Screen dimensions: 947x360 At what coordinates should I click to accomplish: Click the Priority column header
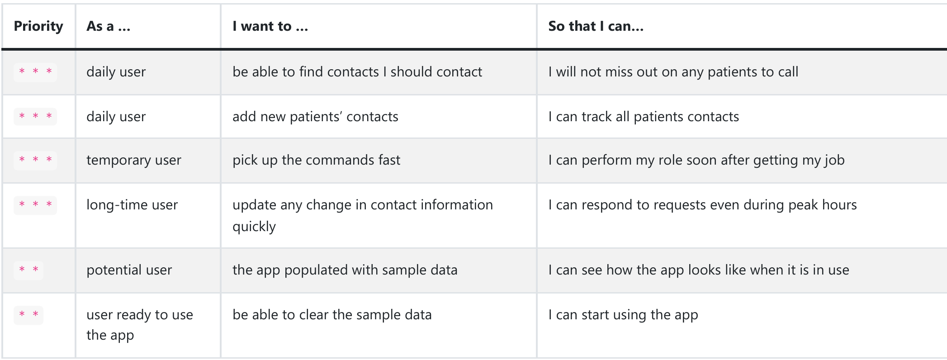38,26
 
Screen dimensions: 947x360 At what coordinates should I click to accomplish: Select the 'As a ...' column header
109,26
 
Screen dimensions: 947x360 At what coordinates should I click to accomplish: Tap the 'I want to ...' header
270,26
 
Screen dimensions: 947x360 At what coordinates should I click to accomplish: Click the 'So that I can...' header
596,26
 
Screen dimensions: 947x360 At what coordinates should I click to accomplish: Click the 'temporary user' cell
134,160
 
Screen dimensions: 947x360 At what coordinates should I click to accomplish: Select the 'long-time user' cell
132,205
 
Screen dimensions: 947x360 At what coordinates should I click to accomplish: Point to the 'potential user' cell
129,270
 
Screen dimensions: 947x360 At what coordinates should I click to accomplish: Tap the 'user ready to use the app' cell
140,325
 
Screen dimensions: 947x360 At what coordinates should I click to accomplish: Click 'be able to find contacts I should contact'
357,72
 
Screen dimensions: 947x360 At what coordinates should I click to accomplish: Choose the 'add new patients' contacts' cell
315,117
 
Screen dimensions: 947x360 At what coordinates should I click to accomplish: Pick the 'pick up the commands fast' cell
317,160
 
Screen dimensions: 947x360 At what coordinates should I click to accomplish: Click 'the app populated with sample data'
345,270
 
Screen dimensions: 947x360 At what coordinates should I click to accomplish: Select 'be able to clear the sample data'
332,315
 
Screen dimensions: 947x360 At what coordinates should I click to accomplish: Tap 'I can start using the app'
623,315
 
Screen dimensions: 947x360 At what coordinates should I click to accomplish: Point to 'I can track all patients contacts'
644,117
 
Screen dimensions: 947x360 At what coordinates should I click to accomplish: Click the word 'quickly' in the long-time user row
254,227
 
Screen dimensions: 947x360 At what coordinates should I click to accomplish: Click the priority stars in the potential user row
28,270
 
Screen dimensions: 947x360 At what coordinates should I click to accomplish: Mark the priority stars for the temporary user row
35,160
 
